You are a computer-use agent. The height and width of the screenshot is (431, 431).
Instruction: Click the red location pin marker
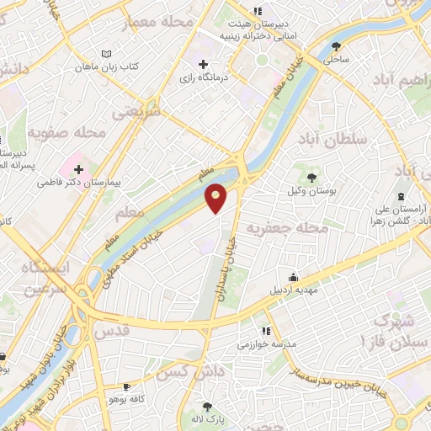tap(216, 198)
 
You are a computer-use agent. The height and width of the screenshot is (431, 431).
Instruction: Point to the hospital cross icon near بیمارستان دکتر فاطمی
tap(79, 168)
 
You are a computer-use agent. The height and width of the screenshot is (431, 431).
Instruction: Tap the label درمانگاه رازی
tap(203, 77)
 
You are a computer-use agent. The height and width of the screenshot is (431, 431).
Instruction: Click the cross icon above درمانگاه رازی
tap(203, 64)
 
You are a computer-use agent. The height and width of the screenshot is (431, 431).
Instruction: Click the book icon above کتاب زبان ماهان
tap(106, 54)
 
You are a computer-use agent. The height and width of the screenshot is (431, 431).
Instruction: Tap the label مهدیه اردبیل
tap(293, 290)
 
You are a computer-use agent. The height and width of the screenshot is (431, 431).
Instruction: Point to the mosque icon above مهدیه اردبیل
tap(293, 277)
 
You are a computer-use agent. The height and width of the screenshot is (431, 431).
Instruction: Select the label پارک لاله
tap(207, 419)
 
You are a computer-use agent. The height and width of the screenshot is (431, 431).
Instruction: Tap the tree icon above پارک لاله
tap(207, 407)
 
